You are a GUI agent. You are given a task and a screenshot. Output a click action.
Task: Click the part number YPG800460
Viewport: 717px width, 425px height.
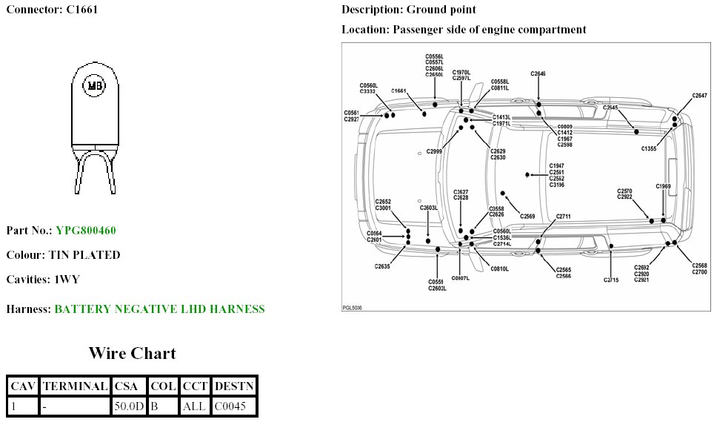click(85, 230)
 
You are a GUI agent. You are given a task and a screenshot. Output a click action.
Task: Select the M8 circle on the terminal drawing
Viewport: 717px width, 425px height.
click(95, 86)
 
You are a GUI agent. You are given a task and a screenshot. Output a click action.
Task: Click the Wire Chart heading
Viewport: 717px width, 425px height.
click(132, 352)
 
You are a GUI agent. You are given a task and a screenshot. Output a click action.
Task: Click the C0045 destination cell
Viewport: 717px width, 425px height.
click(233, 406)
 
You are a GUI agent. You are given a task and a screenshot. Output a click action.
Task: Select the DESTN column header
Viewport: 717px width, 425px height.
click(233, 386)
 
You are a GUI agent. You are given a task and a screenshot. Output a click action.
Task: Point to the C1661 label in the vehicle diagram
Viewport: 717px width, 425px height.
click(399, 90)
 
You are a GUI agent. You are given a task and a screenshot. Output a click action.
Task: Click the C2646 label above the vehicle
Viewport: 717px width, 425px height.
click(538, 74)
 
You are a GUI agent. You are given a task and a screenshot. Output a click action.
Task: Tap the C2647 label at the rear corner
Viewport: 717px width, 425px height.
click(699, 96)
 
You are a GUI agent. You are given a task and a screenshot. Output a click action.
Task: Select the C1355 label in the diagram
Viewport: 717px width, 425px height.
click(648, 149)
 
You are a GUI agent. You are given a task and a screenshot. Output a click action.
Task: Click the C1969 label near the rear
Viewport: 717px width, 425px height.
click(663, 186)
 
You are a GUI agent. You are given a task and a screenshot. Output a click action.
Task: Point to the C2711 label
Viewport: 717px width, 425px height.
click(564, 217)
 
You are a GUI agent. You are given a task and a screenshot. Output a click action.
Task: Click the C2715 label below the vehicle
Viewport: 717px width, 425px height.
click(611, 280)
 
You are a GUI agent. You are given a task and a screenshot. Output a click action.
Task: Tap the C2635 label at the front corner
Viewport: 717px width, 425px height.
click(382, 266)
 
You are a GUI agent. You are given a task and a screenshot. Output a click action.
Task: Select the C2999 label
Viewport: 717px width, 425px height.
click(435, 151)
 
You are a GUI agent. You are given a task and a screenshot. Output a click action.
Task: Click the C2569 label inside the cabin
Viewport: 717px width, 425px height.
click(527, 216)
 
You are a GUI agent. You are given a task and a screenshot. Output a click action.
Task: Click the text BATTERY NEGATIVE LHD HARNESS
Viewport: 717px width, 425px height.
click(159, 309)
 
